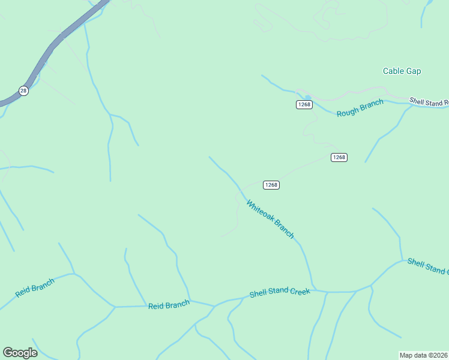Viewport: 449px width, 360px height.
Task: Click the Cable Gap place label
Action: (402, 71)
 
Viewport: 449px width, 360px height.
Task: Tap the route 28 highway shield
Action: (23, 91)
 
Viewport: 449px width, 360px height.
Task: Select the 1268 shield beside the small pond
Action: (304, 104)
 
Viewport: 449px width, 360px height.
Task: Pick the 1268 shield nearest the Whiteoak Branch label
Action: (271, 185)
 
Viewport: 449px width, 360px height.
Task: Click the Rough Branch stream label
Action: (360, 109)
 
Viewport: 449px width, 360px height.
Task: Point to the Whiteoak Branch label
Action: (270, 219)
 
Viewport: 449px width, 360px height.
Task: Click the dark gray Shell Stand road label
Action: (429, 102)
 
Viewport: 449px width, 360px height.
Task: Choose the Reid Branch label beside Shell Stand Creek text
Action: (169, 305)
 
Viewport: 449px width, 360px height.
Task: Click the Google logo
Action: (20, 353)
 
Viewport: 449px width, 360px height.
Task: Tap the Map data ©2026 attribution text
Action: (424, 355)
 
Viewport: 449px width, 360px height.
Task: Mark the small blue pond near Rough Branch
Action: (307, 97)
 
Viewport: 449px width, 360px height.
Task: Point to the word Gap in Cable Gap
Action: (413, 71)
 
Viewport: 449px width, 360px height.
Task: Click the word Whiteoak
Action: (260, 211)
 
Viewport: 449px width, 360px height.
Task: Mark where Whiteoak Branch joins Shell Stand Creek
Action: (313, 289)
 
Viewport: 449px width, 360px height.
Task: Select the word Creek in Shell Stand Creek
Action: (300, 292)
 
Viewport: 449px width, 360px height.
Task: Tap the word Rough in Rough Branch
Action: (346, 112)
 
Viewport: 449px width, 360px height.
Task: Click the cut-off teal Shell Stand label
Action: (427, 266)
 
